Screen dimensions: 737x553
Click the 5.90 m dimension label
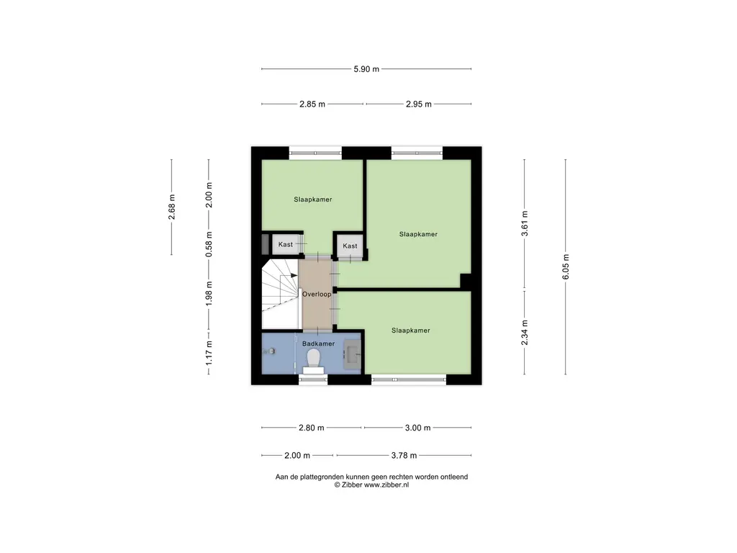click(366, 69)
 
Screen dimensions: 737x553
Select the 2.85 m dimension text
click(312, 104)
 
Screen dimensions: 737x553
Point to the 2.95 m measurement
click(419, 104)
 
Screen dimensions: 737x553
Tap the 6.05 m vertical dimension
click(566, 266)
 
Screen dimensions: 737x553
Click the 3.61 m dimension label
click(525, 223)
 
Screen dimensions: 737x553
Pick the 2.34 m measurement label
click(525, 333)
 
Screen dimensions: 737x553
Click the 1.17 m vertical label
click(209, 353)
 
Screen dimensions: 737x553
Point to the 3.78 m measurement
click(404, 456)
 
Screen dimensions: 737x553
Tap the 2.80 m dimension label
click(311, 428)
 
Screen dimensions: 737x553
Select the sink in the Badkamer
click(353, 354)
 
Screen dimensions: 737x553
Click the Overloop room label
click(317, 295)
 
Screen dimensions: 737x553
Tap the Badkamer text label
click(318, 343)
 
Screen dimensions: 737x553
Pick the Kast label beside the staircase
click(285, 245)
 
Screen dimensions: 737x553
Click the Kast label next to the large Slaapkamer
click(350, 246)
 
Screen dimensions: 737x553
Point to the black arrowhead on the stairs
click(294, 276)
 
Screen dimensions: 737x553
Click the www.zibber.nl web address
click(386, 485)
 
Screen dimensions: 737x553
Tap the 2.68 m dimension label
click(172, 207)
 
